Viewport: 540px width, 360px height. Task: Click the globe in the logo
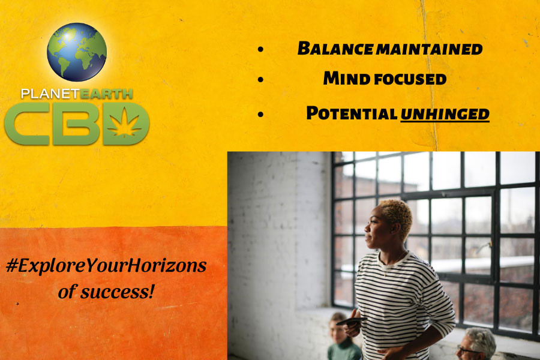click(x=77, y=52)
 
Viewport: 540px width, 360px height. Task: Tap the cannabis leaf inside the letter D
click(x=124, y=123)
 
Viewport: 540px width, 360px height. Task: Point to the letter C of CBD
click(x=27, y=124)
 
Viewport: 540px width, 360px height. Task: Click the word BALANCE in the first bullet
click(x=335, y=48)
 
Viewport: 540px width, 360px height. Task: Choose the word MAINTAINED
click(x=429, y=49)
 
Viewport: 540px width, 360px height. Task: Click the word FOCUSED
click(x=410, y=79)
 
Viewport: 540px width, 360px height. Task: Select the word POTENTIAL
click(x=352, y=113)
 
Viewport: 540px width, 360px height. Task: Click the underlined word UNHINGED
click(x=445, y=115)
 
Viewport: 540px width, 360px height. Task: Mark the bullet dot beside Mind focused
click(x=261, y=80)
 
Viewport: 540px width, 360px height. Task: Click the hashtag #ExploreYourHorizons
click(x=106, y=266)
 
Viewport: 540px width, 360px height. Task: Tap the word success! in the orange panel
click(x=117, y=292)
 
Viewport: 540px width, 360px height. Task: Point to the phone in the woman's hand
click(x=351, y=321)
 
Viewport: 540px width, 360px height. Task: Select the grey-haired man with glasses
click(x=477, y=344)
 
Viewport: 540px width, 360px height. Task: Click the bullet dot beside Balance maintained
click(x=261, y=49)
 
